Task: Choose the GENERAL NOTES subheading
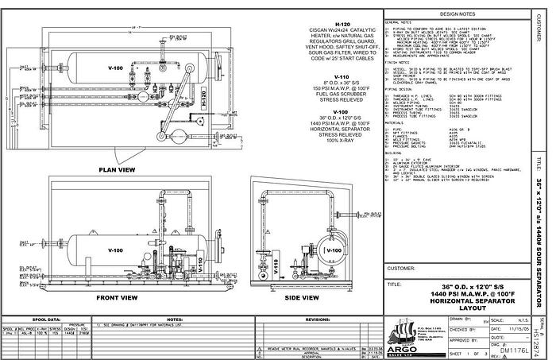401,21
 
